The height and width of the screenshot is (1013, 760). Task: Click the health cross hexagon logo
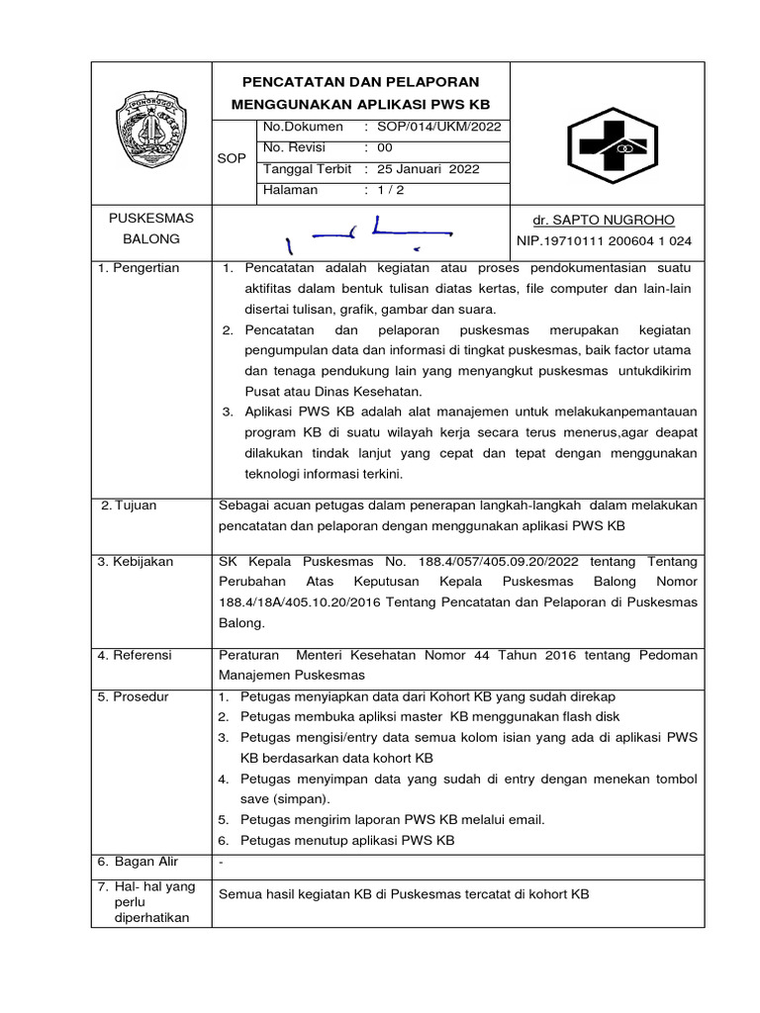pos(608,146)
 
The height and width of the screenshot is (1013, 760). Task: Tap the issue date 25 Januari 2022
pos(428,169)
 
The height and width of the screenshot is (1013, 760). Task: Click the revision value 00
pos(386,147)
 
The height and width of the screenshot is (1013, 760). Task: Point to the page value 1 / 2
pos(387,190)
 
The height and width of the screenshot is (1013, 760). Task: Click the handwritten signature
pos(366,233)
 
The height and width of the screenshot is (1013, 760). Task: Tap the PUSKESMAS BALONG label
pos(151,229)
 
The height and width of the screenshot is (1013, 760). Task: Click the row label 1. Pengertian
pos(139,269)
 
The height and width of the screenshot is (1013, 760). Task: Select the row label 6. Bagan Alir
pos(138,862)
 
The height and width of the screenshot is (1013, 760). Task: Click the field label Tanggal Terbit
pos(306,169)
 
